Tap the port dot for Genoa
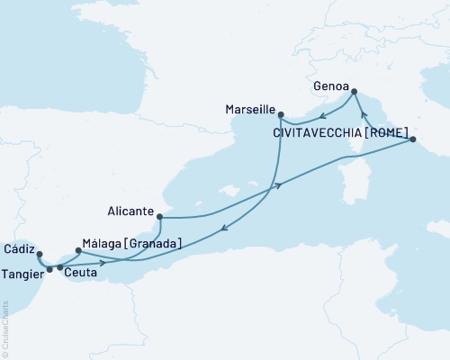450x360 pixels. pos(353,91)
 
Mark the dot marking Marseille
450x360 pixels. pos(281,115)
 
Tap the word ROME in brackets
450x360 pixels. pos(387,132)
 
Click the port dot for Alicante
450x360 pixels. pos(159,216)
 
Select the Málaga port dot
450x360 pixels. pos(78,250)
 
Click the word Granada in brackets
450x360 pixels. pos(153,243)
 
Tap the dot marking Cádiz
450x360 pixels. pos(39,254)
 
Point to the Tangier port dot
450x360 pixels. pos(49,268)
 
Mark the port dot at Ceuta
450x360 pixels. pos(60,267)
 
